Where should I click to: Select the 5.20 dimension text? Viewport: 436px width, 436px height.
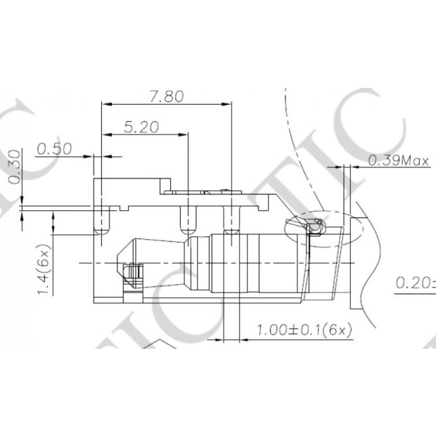coord(141,127)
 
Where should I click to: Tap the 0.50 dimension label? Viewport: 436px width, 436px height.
coord(54,148)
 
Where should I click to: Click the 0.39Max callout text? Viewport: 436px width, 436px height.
coord(399,161)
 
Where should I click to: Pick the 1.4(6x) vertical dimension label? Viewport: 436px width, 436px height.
coord(44,270)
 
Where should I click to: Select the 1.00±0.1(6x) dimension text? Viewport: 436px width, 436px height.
coord(304,329)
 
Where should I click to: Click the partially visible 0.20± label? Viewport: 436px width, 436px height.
coord(415,283)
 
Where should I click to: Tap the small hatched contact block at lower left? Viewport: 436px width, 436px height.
coord(132,274)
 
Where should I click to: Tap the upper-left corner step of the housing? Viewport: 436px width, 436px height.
coord(98,181)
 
